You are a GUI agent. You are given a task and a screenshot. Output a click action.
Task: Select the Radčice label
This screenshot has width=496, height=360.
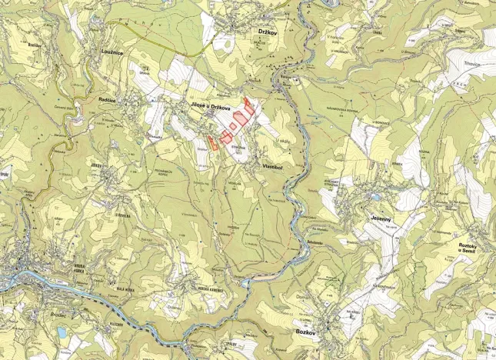(x=113, y=100)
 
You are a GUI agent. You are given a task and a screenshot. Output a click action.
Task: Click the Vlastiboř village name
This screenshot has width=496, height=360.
(x=275, y=165)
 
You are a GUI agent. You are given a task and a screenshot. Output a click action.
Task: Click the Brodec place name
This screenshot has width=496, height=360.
(x=35, y=314)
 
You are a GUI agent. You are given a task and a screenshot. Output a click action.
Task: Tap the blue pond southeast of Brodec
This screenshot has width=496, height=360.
(x=62, y=332)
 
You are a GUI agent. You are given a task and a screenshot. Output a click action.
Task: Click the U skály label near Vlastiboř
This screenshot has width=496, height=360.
(x=281, y=141)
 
